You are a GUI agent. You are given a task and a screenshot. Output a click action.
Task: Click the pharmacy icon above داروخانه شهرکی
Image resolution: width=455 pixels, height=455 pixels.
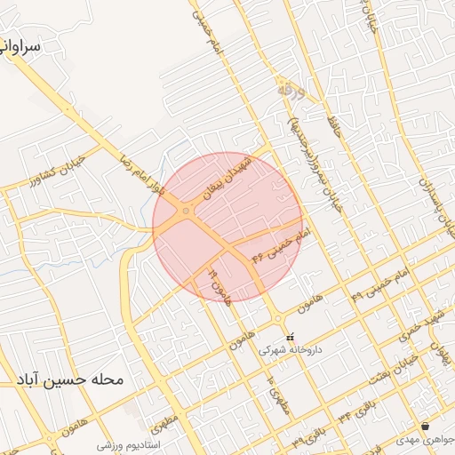[290, 338]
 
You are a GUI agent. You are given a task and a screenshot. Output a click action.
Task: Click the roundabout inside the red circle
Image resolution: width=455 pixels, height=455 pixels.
[186, 211]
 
